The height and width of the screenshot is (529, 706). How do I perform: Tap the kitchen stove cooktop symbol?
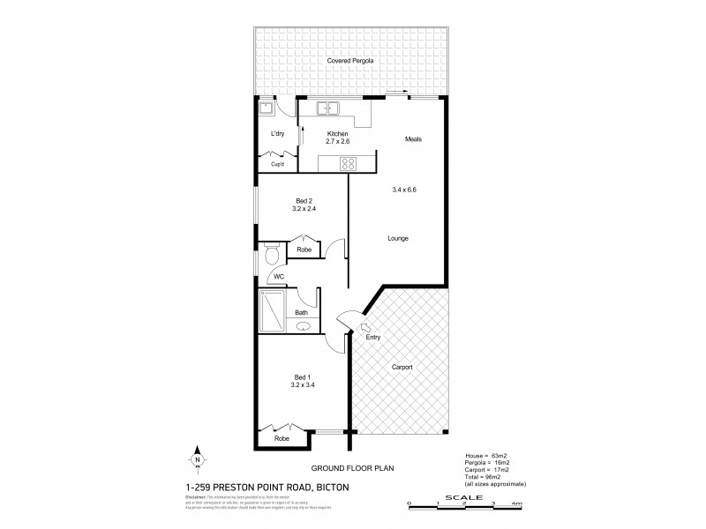point(348,162)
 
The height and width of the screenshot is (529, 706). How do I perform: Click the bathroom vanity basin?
point(304,325)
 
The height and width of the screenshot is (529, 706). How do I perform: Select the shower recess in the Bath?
point(273,311)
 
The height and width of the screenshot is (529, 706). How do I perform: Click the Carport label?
point(401,367)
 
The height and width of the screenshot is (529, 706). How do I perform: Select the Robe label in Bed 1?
point(282,437)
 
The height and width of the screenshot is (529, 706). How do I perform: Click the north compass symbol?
point(198,460)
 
